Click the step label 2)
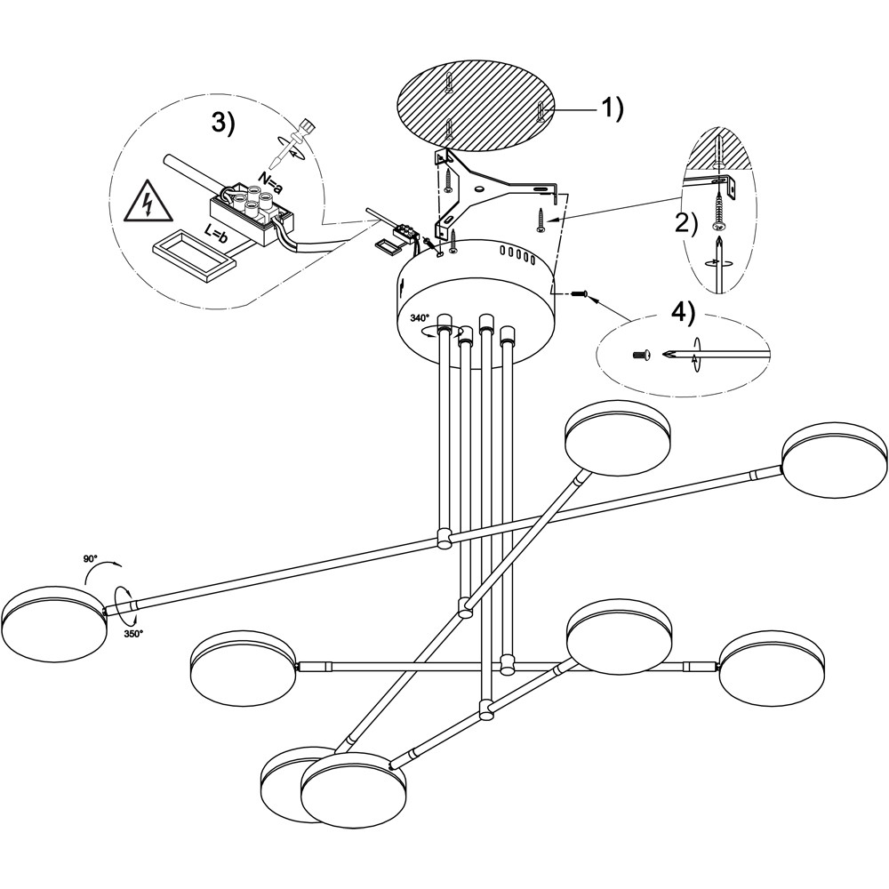coord(686,222)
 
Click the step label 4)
coord(683,314)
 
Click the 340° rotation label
coord(420,318)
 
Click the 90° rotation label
coord(90,558)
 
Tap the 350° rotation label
coord(133,633)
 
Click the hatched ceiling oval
coord(475,105)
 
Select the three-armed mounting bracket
coord(497,191)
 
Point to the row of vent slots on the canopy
coord(517,256)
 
